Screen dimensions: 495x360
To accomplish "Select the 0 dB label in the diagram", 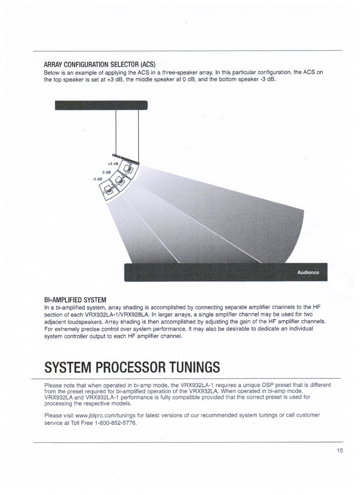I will click(x=106, y=172).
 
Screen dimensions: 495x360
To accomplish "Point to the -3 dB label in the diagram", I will click(x=97, y=179).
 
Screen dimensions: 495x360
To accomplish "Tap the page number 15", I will click(x=339, y=451).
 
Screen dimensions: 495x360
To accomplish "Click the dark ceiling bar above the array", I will click(x=101, y=105).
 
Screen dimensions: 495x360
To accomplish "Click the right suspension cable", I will click(x=138, y=133).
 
